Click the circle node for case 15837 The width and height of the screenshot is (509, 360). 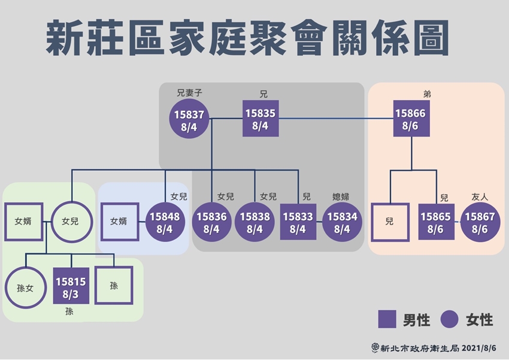[x=189, y=119]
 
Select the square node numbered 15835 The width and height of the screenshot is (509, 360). [x=260, y=119]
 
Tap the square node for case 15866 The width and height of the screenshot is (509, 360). [x=411, y=119]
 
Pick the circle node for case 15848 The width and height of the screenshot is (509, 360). [x=163, y=222]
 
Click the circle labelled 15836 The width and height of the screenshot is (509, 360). [x=211, y=222]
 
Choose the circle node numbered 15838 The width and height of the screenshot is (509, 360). [x=255, y=222]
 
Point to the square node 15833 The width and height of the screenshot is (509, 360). [x=298, y=222]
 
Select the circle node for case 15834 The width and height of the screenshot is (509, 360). [x=341, y=222]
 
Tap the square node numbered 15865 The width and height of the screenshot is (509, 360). [x=436, y=222]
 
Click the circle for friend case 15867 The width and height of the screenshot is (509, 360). [x=480, y=222]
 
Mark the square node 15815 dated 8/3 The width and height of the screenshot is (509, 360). [x=71, y=286]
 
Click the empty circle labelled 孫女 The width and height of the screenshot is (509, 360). [x=25, y=286]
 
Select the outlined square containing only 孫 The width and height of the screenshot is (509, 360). [x=114, y=286]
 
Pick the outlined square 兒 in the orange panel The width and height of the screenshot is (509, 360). [x=389, y=222]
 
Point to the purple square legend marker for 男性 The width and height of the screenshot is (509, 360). [x=387, y=319]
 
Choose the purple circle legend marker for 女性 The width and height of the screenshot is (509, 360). [x=449, y=319]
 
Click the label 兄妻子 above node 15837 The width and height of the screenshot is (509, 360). [x=189, y=93]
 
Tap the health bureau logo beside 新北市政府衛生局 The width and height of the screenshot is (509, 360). [x=375, y=347]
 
